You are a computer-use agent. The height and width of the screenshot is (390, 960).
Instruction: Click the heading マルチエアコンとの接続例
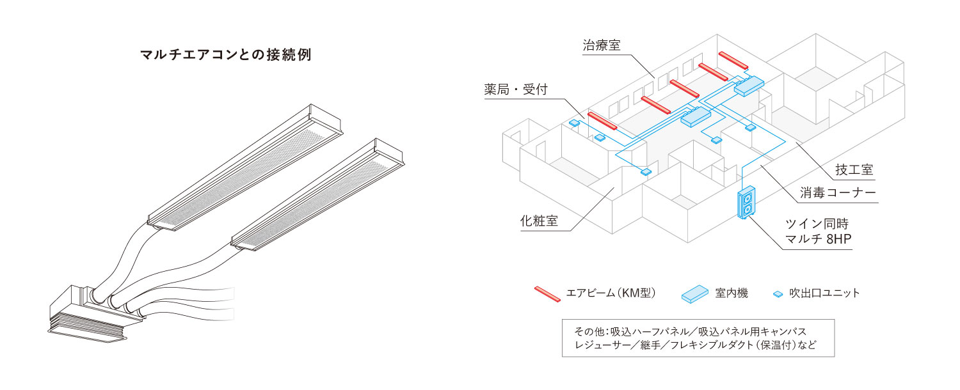coord(225,55)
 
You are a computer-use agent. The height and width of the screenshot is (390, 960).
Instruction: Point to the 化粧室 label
coord(538,222)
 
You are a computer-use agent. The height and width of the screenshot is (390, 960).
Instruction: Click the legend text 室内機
coord(732,293)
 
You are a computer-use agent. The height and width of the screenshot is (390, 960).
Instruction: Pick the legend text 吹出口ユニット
coord(824,293)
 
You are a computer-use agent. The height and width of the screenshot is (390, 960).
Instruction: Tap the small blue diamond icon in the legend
coord(778,294)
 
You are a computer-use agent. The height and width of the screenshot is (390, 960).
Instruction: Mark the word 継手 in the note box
coord(655,346)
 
